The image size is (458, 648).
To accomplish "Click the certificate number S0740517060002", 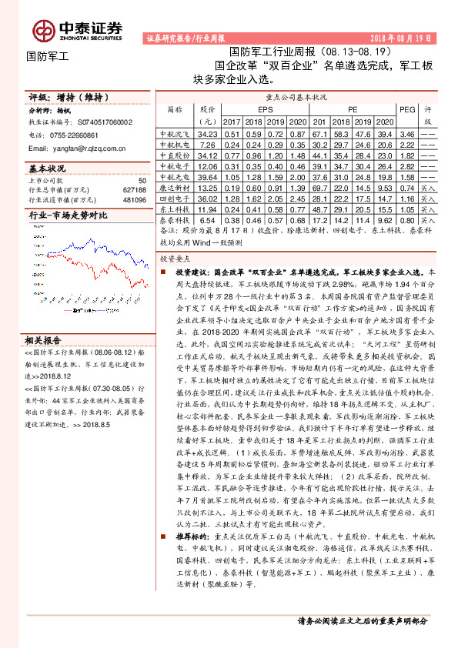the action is [105, 122].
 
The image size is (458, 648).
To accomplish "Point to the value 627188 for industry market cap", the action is [134, 189].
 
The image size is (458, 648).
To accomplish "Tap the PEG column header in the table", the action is [408, 109].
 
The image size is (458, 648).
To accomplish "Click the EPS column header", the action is [264, 109].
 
